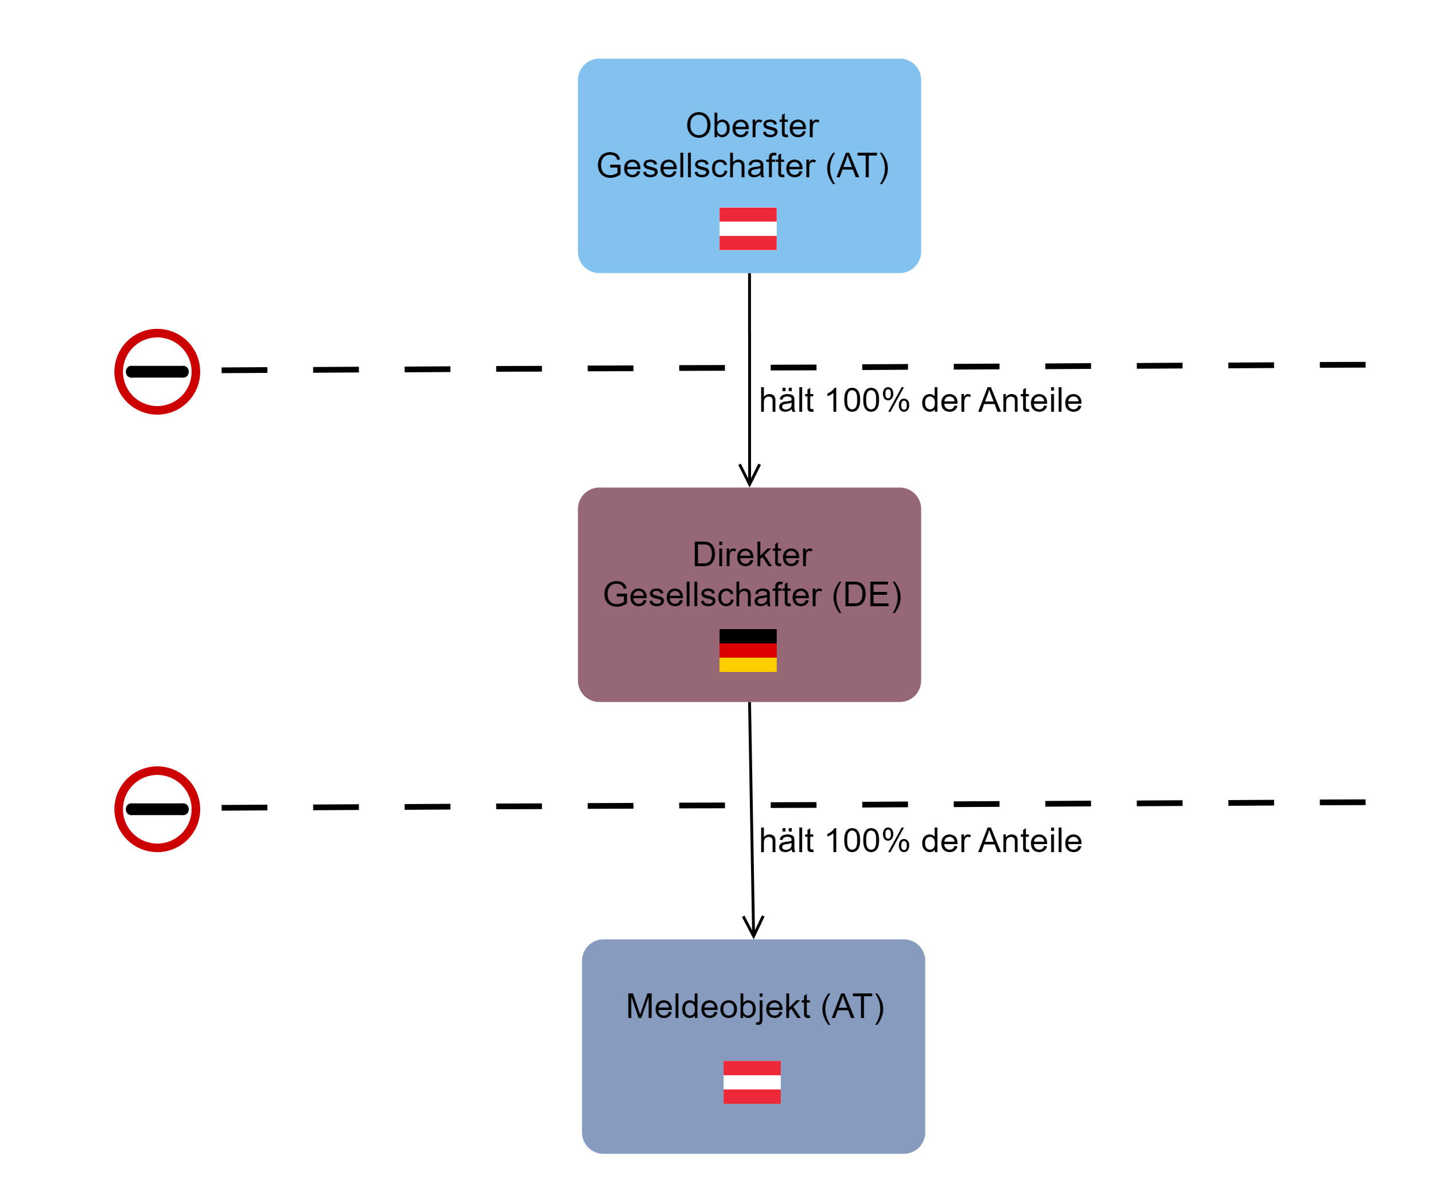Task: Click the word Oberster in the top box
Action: click(752, 126)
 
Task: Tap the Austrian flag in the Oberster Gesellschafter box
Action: click(748, 229)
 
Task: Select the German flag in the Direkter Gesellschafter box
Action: click(748, 650)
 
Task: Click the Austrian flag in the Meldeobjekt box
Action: click(752, 1082)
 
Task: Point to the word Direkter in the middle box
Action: click(752, 554)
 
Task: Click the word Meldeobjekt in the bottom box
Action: click(718, 1007)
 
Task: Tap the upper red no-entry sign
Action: click(157, 372)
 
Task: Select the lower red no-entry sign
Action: click(157, 809)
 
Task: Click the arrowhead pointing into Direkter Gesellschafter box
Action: click(750, 476)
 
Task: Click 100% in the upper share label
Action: click(867, 400)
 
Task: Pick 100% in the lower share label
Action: click(867, 841)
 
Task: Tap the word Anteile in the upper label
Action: click(1030, 400)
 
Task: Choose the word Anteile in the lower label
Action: click(1030, 841)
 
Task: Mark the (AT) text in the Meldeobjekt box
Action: click(852, 1007)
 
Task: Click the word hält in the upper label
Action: click(786, 400)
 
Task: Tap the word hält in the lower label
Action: click(786, 841)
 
